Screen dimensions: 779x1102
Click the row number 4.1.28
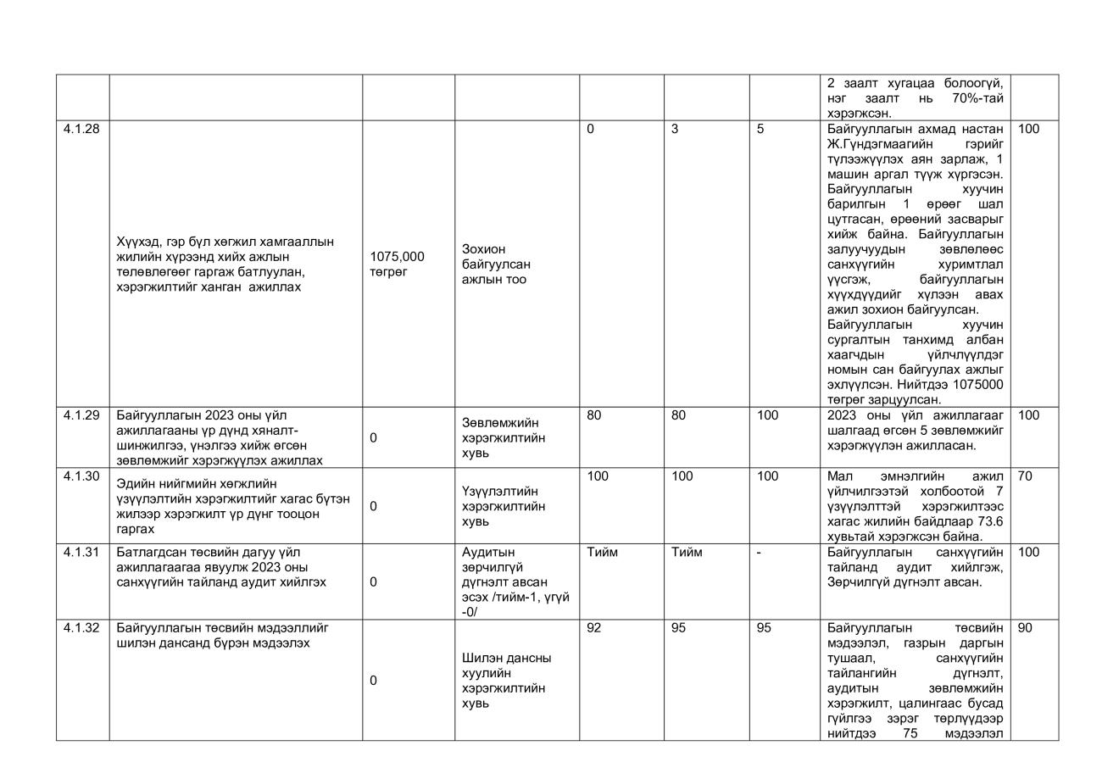click(81, 130)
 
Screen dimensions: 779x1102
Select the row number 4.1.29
click(81, 415)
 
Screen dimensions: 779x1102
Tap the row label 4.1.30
click(81, 476)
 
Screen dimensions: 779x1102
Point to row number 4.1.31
click(81, 553)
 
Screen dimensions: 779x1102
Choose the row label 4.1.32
click(81, 628)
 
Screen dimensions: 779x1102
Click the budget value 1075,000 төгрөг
click(397, 264)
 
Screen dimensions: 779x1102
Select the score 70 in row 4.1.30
click(1024, 476)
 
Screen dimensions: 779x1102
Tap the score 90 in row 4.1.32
click(1024, 628)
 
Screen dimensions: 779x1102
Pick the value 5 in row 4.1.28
click(760, 130)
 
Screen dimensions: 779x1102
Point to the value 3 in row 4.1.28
click(675, 130)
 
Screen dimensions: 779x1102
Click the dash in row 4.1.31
click(759, 553)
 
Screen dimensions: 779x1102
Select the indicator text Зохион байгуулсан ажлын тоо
click(496, 264)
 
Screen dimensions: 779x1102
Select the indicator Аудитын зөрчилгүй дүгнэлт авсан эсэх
click(515, 581)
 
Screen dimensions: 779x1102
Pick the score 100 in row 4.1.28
click(1027, 130)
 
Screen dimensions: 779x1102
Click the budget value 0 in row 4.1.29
click(374, 438)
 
